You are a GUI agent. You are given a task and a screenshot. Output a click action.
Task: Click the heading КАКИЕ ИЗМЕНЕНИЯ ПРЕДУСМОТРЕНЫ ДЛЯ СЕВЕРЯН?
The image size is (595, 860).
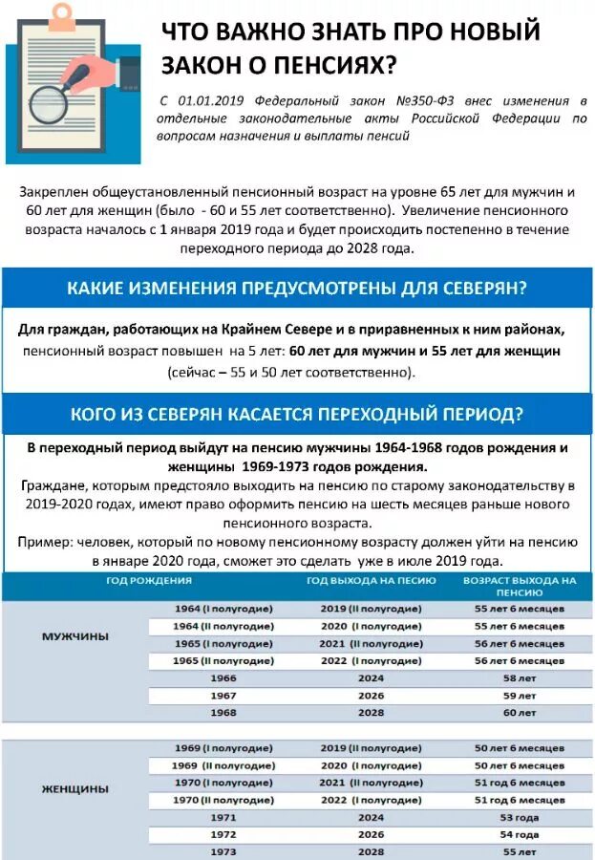click(x=297, y=288)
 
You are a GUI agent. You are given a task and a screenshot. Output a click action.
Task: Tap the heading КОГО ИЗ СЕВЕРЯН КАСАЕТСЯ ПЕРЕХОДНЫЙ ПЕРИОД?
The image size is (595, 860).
click(x=297, y=414)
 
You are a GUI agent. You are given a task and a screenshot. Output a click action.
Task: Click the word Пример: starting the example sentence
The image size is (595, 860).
click(x=44, y=542)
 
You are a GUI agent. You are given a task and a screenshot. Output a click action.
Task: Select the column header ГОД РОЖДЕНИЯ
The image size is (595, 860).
click(x=148, y=580)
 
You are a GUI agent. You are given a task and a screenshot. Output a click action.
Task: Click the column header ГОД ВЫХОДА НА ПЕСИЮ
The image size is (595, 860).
click(x=371, y=580)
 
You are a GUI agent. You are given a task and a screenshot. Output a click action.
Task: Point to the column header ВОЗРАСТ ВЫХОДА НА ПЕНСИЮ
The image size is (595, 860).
click(x=519, y=586)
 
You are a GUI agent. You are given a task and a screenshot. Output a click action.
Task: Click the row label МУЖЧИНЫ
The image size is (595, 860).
click(x=75, y=635)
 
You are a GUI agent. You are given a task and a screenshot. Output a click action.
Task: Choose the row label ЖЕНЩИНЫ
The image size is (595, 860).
click(x=75, y=789)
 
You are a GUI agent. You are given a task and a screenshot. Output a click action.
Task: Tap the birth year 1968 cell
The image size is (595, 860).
click(x=223, y=713)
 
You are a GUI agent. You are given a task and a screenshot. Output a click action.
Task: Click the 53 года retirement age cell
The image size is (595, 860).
click(x=520, y=817)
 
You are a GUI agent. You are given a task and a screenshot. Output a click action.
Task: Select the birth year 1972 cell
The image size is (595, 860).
click(x=223, y=834)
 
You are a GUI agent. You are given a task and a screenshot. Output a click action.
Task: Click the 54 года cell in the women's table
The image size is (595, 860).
click(x=520, y=834)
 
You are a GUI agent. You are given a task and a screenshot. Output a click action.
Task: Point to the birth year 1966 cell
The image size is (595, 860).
click(x=223, y=677)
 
